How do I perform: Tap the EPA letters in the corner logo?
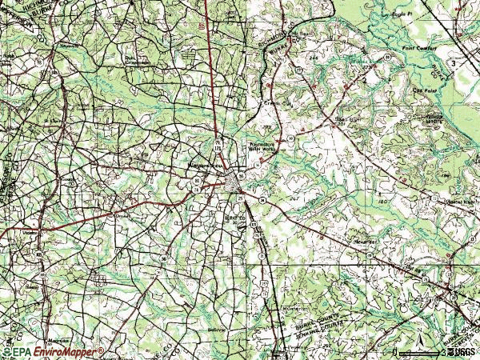[23, 351]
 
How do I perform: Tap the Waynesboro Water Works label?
[261, 146]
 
